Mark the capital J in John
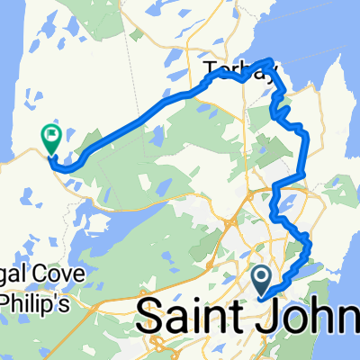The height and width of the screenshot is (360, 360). coord(271,317)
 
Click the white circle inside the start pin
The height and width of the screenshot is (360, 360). coord(262,276)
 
